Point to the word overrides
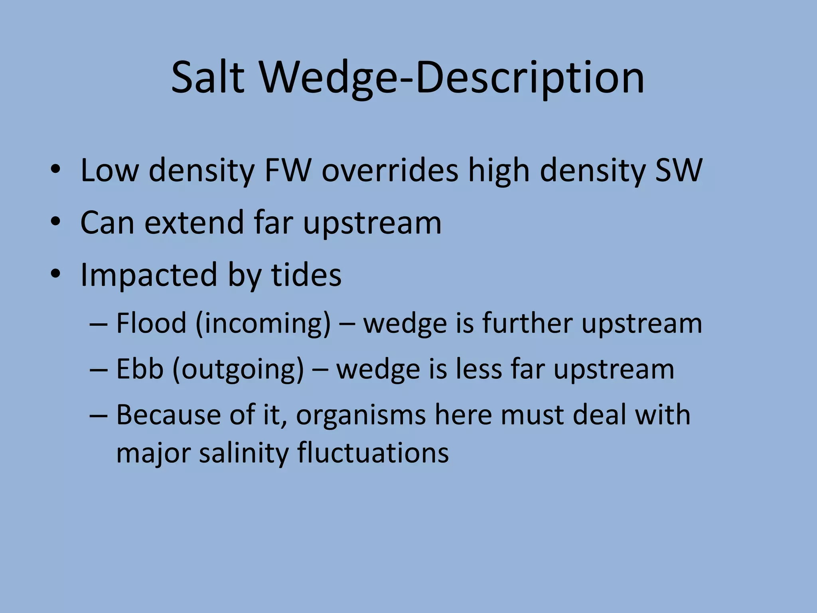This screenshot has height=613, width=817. pyautogui.click(x=390, y=170)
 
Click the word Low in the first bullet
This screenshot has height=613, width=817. pyautogui.click(x=109, y=170)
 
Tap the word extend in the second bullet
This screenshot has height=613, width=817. pyautogui.click(x=194, y=222)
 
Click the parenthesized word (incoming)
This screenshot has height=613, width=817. pyautogui.click(x=263, y=323)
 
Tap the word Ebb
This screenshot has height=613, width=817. pyautogui.click(x=140, y=369)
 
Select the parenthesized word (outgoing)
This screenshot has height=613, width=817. pyautogui.click(x=238, y=370)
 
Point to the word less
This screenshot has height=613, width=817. pyautogui.click(x=479, y=369)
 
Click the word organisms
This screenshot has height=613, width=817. pyautogui.click(x=361, y=415)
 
